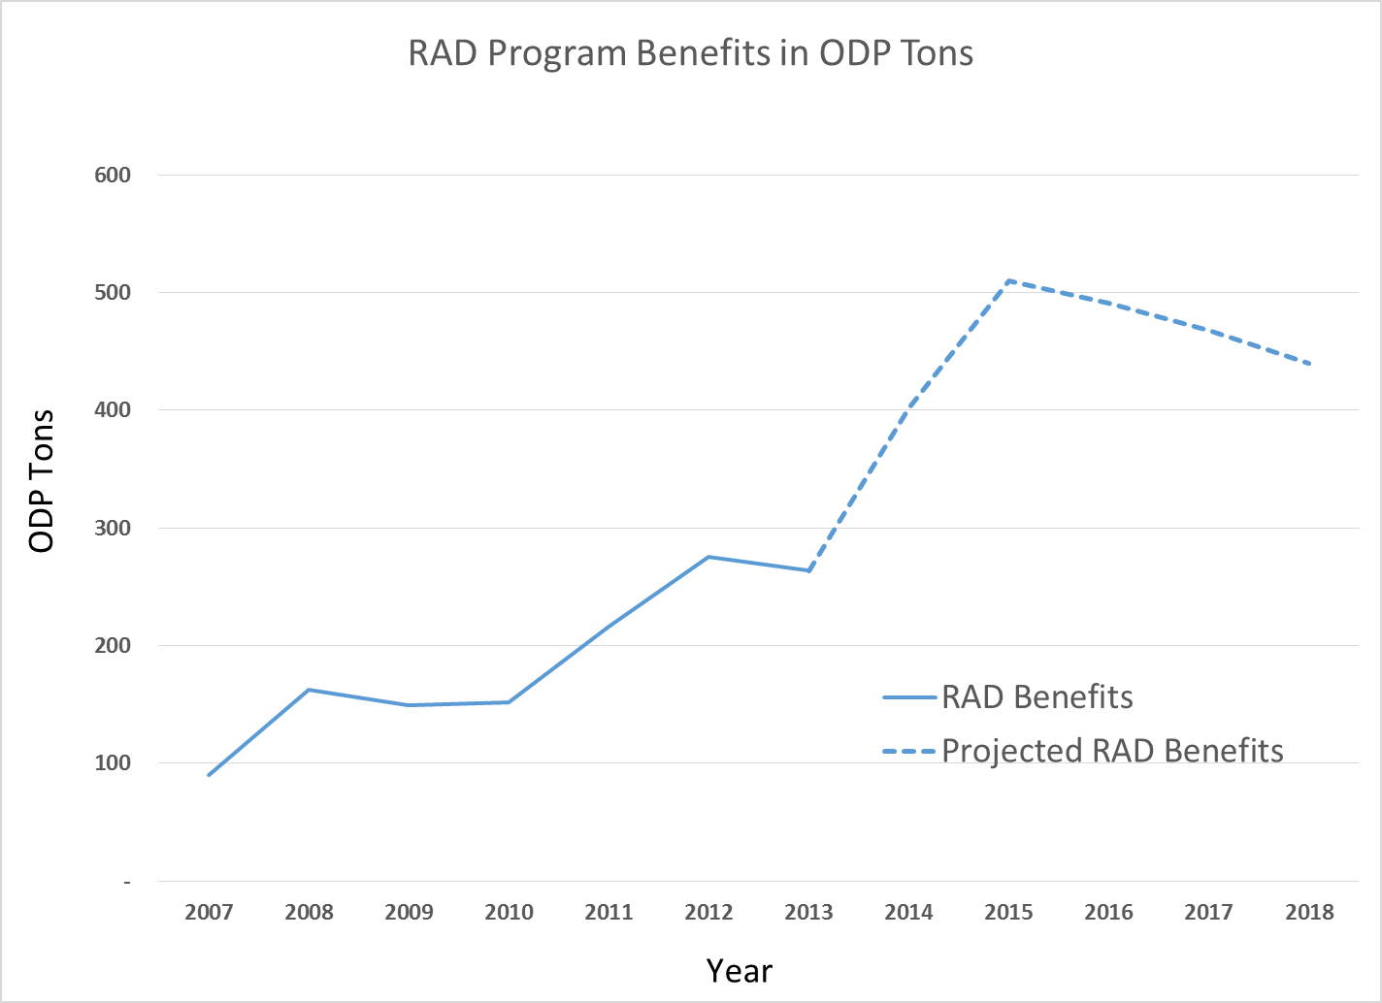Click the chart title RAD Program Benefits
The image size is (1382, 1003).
(x=690, y=52)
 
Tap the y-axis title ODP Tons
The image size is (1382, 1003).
(x=42, y=481)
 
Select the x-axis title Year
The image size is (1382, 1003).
(x=739, y=970)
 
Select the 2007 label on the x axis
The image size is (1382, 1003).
(x=209, y=912)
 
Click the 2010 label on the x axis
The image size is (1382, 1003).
(x=509, y=912)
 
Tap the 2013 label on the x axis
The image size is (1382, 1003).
(x=808, y=912)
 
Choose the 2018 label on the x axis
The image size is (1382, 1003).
(x=1309, y=912)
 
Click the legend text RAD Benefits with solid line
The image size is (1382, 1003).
(x=1036, y=696)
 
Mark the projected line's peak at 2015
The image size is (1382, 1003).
(x=1009, y=280)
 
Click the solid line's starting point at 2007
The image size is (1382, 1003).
(x=209, y=775)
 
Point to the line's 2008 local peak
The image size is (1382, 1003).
(x=309, y=690)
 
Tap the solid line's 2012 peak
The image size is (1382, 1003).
(x=708, y=557)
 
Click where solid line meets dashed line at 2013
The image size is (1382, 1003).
(x=808, y=570)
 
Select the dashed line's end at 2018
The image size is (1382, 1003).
(x=1309, y=364)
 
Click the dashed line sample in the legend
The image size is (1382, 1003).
(x=909, y=751)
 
